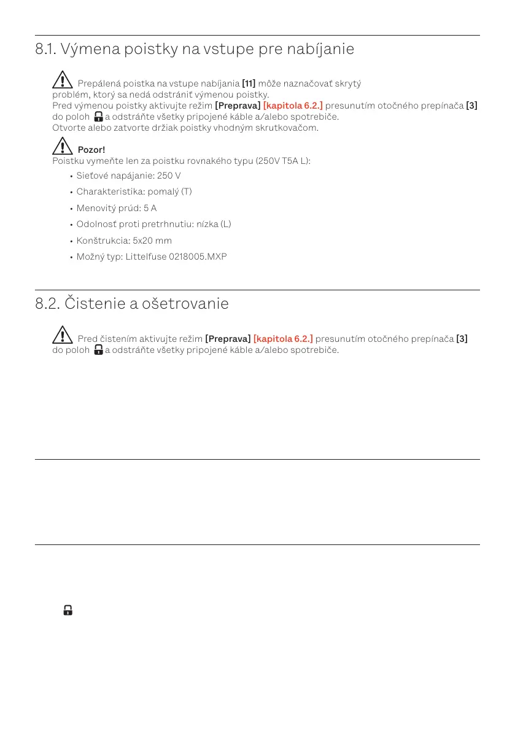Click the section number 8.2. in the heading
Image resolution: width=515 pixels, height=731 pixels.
(47, 304)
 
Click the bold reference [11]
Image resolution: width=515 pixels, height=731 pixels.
(249, 83)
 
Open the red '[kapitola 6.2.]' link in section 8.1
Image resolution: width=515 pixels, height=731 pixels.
(292, 106)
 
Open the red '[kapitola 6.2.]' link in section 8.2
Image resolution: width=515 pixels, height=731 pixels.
(282, 339)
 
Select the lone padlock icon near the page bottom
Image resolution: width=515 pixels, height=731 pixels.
(68, 611)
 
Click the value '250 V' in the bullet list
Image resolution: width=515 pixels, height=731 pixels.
(169, 176)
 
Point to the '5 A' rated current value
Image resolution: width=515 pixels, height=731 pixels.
(150, 208)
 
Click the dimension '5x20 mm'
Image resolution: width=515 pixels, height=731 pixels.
(152, 240)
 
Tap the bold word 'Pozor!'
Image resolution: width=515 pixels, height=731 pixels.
(91, 150)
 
